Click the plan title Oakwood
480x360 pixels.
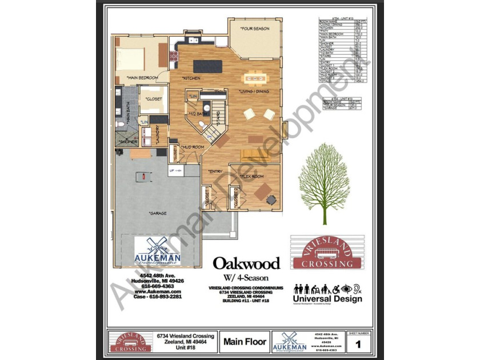click(x=247, y=263)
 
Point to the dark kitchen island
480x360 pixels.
click(x=206, y=66)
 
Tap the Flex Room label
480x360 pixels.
click(x=251, y=177)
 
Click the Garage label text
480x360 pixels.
click(x=158, y=213)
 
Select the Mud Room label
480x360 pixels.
click(x=193, y=147)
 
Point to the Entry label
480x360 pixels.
click(x=215, y=170)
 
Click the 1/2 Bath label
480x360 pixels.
click(x=199, y=113)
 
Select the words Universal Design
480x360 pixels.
click(x=327, y=299)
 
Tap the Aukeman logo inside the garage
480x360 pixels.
click(x=157, y=251)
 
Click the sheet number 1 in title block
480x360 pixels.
click(x=358, y=344)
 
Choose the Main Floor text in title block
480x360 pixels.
click(x=245, y=342)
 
